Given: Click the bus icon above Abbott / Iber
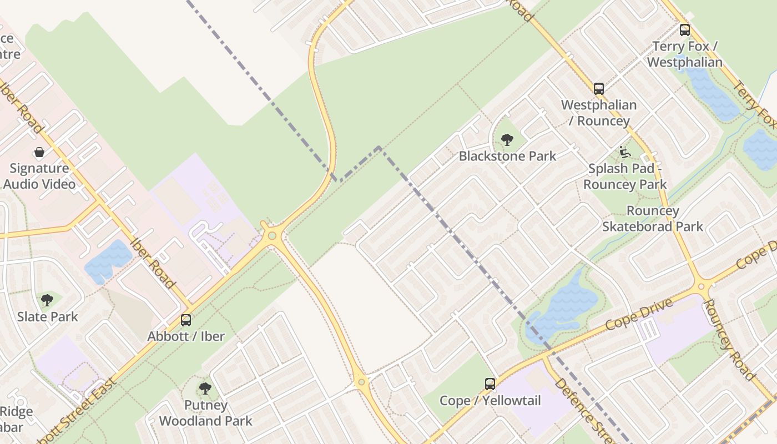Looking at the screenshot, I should pyautogui.click(x=186, y=320).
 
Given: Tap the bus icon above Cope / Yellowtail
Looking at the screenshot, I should pyautogui.click(x=490, y=384).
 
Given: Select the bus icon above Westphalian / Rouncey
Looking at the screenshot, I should pyautogui.click(x=598, y=88).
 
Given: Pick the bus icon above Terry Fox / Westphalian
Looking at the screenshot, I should pyautogui.click(x=685, y=30).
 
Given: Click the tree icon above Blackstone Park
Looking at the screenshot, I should pyautogui.click(x=507, y=140).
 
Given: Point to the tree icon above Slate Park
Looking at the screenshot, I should pyautogui.click(x=47, y=300).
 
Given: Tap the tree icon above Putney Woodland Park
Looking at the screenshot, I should pyautogui.click(x=205, y=388).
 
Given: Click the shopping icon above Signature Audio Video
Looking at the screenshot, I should pyautogui.click(x=39, y=152).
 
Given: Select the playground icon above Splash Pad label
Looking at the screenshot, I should pyautogui.click(x=625, y=152).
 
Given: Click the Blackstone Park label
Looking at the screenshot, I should pyautogui.click(x=507, y=156).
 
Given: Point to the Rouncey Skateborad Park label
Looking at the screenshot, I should pyautogui.click(x=653, y=219).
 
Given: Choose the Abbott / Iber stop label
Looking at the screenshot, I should pyautogui.click(x=186, y=336).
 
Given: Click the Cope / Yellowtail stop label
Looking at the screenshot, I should pyautogui.click(x=490, y=400).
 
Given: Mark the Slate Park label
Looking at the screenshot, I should pyautogui.click(x=48, y=317).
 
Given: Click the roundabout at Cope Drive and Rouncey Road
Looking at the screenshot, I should pyautogui.click(x=703, y=287).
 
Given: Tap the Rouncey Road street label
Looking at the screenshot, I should pyautogui.click(x=729, y=340).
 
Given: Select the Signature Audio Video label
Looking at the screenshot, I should pyautogui.click(x=39, y=176).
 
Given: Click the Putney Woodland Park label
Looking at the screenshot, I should pyautogui.click(x=206, y=413).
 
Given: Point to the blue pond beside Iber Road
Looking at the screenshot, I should pyautogui.click(x=108, y=261).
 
